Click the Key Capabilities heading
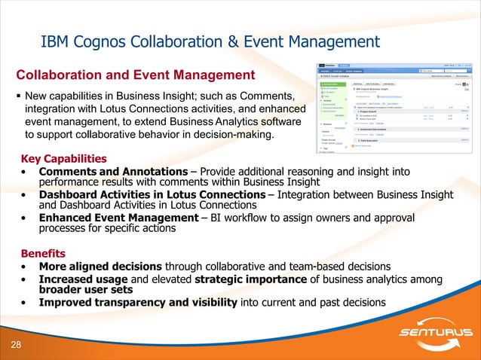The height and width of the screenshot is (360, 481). [63, 159]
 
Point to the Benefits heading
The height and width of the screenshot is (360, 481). [43, 254]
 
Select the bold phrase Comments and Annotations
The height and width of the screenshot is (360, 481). [113, 172]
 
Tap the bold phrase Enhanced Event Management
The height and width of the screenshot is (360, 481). [118, 218]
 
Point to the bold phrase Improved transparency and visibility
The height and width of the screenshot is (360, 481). [138, 303]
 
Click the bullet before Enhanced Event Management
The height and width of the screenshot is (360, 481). [25, 218]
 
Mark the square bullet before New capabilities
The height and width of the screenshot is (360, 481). [18, 97]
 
